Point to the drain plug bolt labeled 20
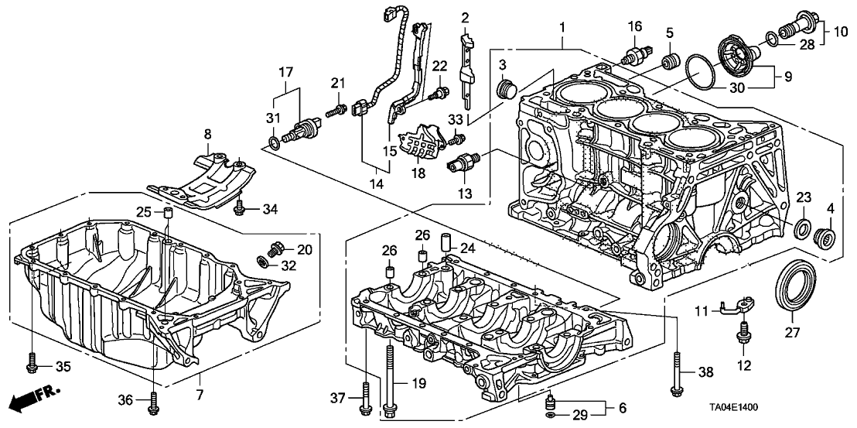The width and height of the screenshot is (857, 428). pyautogui.click(x=272, y=249)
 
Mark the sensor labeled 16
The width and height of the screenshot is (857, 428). pyautogui.click(x=635, y=55)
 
